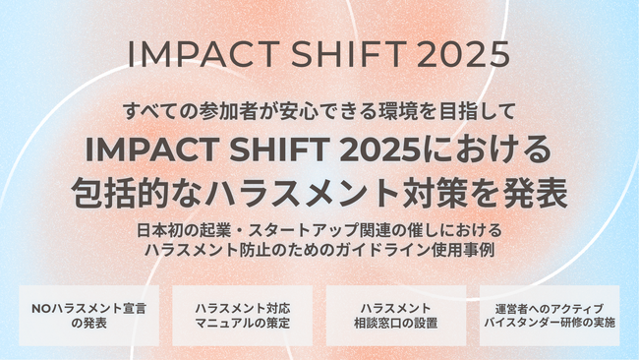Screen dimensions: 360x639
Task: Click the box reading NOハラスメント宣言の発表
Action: click(x=88, y=315)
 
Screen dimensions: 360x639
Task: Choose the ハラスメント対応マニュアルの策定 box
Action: click(x=242, y=315)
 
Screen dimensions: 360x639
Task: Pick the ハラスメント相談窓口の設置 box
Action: click(x=395, y=315)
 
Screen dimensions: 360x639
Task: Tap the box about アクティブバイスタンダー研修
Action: click(x=551, y=315)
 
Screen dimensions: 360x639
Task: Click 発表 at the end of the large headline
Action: click(x=540, y=191)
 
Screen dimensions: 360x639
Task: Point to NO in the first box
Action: click(x=42, y=307)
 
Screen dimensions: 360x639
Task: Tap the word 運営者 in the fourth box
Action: click(x=505, y=307)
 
